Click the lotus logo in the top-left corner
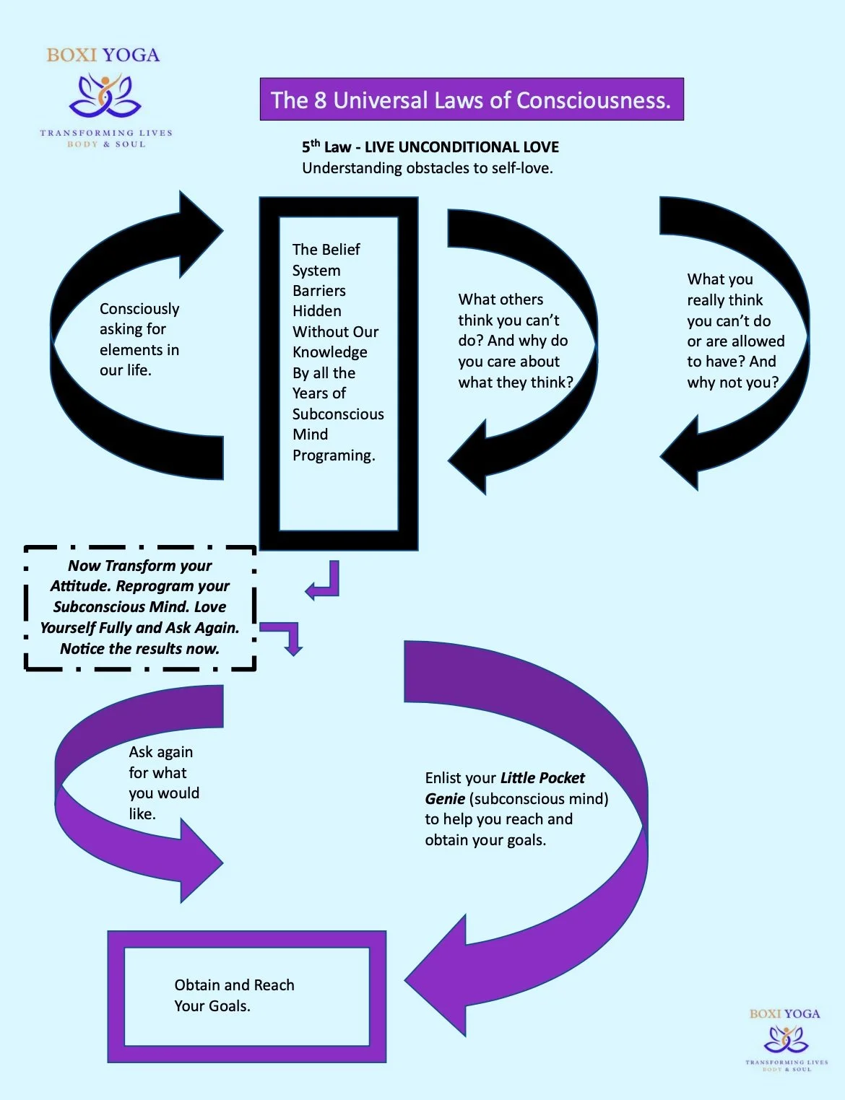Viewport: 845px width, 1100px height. pyautogui.click(x=105, y=97)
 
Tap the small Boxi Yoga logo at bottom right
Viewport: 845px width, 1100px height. pyautogui.click(x=786, y=1039)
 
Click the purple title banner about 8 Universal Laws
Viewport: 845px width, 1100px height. pyautogui.click(x=471, y=100)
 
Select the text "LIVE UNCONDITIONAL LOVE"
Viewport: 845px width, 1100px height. pyautogui.click(x=461, y=147)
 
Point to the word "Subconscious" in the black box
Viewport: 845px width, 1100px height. pyautogui.click(x=337, y=414)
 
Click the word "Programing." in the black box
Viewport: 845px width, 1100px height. pyautogui.click(x=334, y=455)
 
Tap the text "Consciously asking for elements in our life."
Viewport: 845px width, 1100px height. pyautogui.click(x=139, y=339)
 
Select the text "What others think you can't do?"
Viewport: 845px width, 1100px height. pyautogui.click(x=510, y=320)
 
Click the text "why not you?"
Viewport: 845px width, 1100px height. pyautogui.click(x=732, y=383)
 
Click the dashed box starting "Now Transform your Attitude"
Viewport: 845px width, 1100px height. pyautogui.click(x=140, y=608)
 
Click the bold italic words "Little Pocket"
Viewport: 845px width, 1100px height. pyautogui.click(x=542, y=778)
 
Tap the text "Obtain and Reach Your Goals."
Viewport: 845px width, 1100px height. pyautogui.click(x=234, y=995)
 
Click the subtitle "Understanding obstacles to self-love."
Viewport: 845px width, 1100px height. pyautogui.click(x=427, y=168)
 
